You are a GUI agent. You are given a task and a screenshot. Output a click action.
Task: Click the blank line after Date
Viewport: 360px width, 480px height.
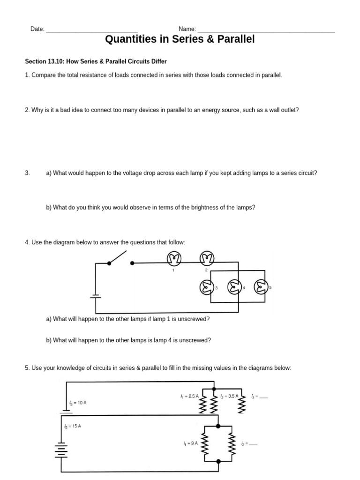point(92,30)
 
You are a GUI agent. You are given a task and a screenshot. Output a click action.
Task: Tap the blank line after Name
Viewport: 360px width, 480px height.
point(266,30)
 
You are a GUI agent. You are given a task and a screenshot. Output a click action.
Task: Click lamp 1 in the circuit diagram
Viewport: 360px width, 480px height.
point(174,258)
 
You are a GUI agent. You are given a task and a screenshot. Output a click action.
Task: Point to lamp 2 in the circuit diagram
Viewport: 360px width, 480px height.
point(206,258)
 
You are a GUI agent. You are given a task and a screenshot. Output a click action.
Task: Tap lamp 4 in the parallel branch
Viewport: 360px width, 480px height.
point(234,287)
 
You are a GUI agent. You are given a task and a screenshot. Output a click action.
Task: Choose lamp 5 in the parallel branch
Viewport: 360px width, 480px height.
point(261,287)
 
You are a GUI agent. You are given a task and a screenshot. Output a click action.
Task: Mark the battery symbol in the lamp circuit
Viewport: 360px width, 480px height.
point(96,296)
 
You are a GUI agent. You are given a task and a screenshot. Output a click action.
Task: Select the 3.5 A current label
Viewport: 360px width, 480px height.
point(230,396)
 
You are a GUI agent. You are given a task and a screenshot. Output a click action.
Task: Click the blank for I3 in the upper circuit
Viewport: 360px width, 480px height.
point(263,397)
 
